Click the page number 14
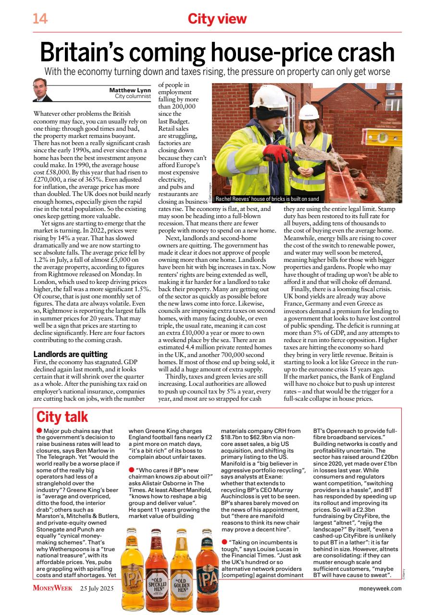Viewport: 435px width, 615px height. [40, 19]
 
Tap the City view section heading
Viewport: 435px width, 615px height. [217, 19]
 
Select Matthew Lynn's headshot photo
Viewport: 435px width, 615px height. [43, 90]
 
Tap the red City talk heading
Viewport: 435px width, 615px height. [62, 416]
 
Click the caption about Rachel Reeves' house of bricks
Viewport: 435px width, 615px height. [267, 198]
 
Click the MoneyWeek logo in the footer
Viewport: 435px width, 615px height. [53, 588]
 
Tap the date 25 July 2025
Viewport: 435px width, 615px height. [98, 588]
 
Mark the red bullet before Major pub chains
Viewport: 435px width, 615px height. [39, 431]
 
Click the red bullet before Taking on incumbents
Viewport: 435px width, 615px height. [224, 542]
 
